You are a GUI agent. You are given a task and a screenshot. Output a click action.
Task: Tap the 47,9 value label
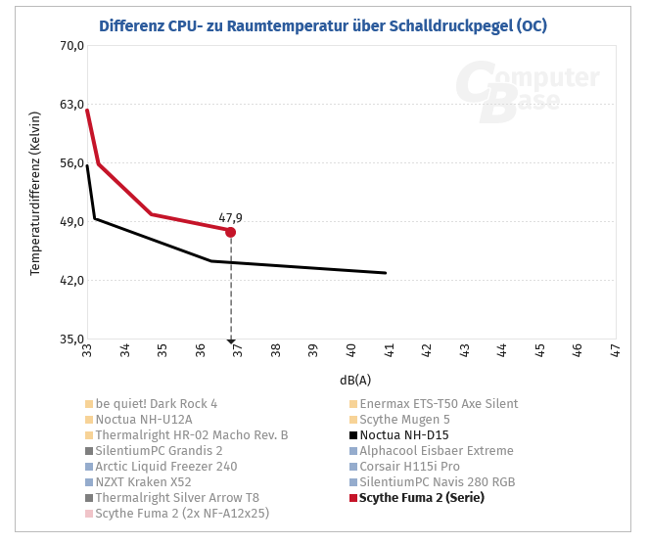[x=230, y=218]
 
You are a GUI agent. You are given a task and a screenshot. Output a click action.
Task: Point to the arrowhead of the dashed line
[x=231, y=341]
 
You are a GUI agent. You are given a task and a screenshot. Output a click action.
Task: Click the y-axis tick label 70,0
[x=72, y=46]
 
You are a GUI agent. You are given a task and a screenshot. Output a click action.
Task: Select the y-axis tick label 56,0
[x=72, y=163]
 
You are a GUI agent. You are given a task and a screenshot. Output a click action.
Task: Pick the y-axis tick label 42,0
[x=72, y=281]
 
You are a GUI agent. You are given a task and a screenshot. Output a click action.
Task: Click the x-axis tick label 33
[x=87, y=350]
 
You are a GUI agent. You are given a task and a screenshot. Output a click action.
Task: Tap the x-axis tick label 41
[x=389, y=350]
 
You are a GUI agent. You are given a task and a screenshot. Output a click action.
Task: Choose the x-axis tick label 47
[x=615, y=350]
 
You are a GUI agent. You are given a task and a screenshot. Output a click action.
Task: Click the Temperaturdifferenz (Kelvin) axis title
[x=35, y=193]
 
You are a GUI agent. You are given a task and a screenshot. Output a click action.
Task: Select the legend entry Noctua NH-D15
[x=403, y=435]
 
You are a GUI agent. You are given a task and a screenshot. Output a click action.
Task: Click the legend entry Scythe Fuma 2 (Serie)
[x=421, y=498]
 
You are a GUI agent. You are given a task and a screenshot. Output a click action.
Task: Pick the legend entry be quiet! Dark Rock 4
[x=157, y=404]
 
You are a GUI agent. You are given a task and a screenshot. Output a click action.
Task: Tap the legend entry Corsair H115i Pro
[x=409, y=467]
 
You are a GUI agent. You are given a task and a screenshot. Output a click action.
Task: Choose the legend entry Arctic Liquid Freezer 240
[x=166, y=467]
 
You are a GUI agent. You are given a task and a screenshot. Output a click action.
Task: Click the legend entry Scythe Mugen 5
[x=404, y=420]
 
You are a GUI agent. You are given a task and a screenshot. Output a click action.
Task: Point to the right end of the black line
[x=386, y=273]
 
